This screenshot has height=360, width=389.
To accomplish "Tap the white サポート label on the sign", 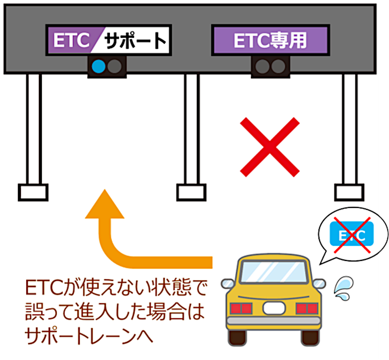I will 134,40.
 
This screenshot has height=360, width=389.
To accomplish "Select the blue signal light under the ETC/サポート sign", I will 100,66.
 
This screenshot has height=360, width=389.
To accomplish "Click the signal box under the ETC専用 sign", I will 270,66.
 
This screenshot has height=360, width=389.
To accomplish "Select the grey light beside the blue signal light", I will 115,66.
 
